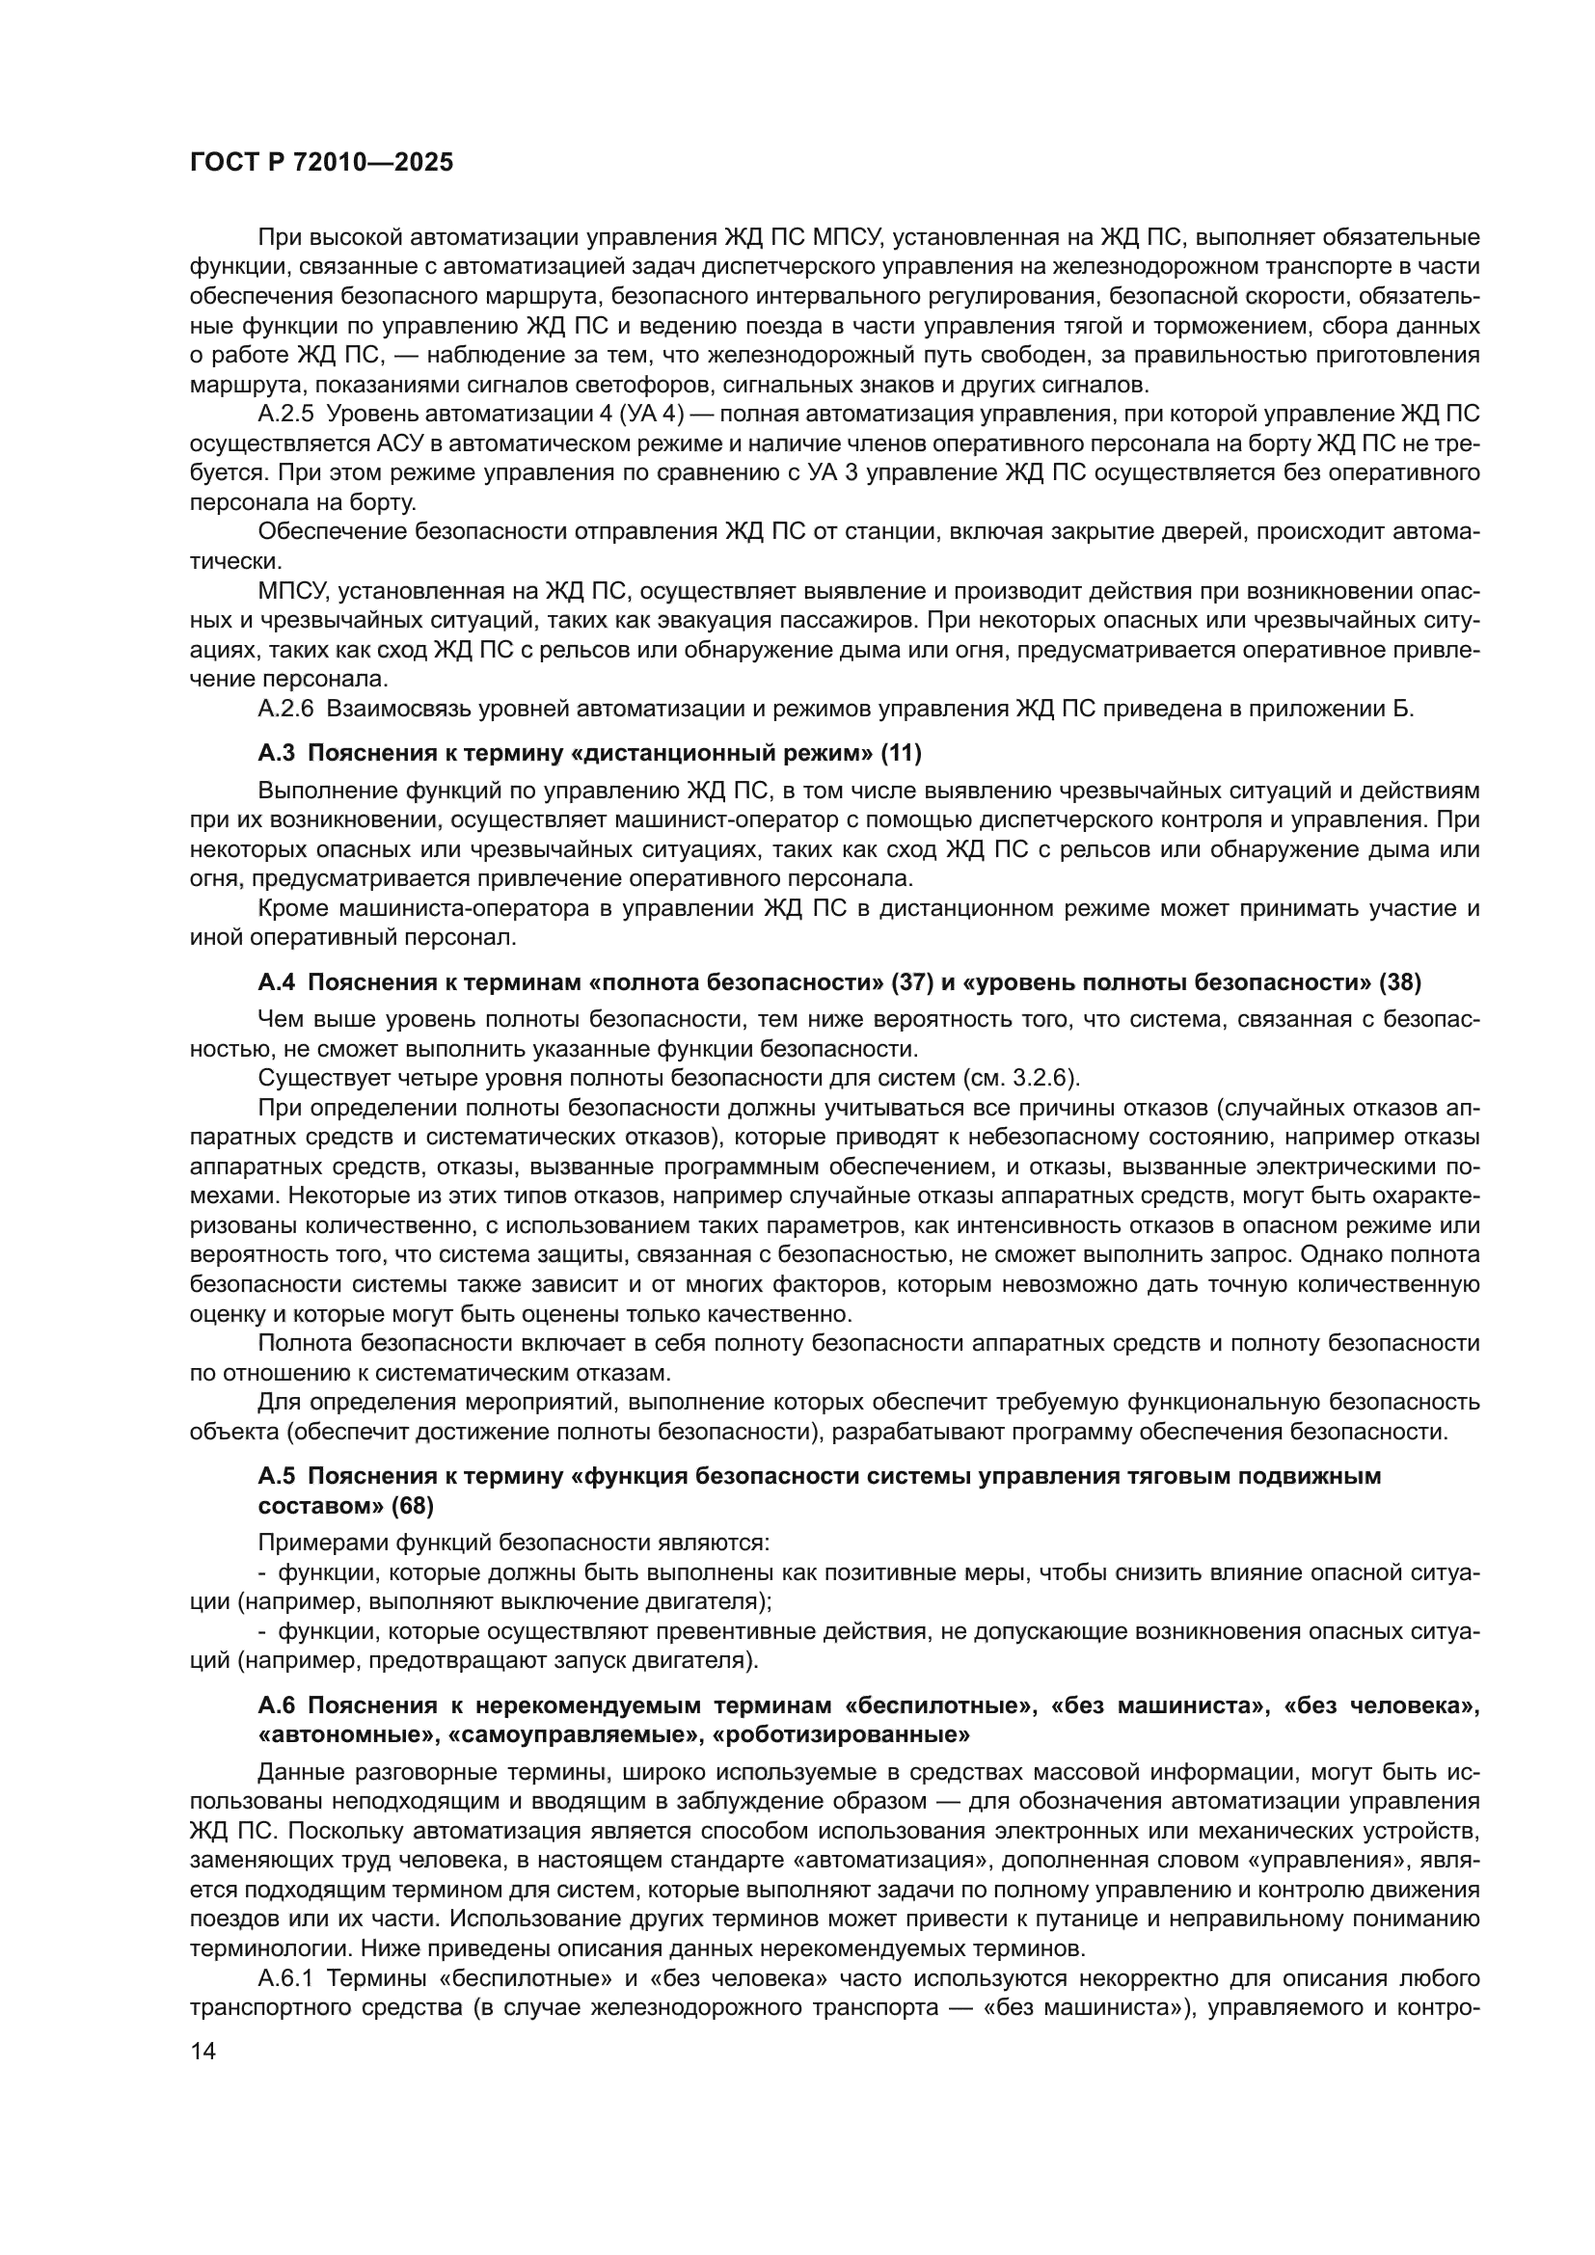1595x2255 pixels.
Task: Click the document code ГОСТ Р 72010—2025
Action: pyautogui.click(x=322, y=162)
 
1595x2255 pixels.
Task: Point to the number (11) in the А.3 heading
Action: pyautogui.click(x=901, y=753)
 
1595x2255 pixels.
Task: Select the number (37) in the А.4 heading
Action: pyautogui.click(x=911, y=982)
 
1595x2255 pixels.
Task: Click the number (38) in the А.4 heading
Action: pyautogui.click(x=1399, y=982)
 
